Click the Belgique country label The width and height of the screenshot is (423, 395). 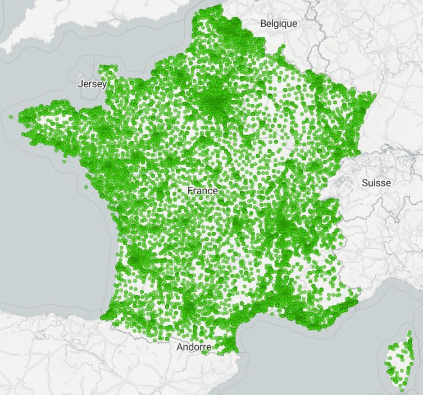pyautogui.click(x=279, y=24)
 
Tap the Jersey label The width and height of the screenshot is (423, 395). pyautogui.click(x=92, y=84)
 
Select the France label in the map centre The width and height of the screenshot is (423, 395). pyautogui.click(x=202, y=191)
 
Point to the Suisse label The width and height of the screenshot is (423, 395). pyautogui.click(x=376, y=183)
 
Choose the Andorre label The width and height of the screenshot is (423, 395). pyautogui.click(x=194, y=347)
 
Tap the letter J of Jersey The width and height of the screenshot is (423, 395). pyautogui.click(x=81, y=84)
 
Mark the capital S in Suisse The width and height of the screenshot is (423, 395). pyautogui.click(x=365, y=183)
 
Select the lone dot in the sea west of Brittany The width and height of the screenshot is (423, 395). pyautogui.click(x=11, y=117)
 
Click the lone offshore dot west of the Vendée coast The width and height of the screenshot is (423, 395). pyautogui.click(x=86, y=188)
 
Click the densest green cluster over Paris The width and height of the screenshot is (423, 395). pyautogui.click(x=215, y=101)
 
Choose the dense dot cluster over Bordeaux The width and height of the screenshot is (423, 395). pyautogui.click(x=137, y=259)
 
